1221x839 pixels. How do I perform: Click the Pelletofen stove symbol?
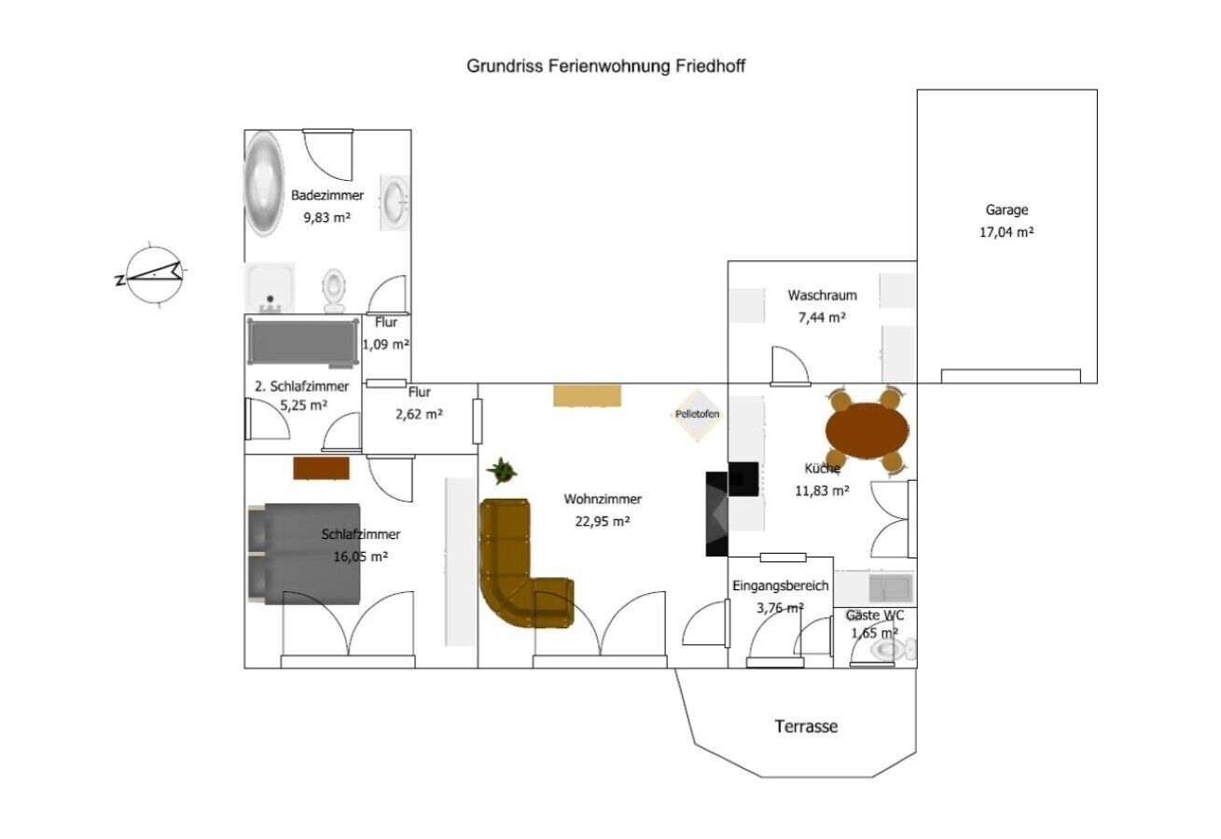click(698, 414)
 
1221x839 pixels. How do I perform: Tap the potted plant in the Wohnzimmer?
click(503, 470)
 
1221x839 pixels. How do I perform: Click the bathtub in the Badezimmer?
click(263, 183)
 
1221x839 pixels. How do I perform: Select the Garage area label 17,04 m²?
click(1006, 232)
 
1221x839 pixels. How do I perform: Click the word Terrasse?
click(806, 726)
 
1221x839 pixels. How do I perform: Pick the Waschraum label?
click(822, 296)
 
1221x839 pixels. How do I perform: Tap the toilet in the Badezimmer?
click(334, 289)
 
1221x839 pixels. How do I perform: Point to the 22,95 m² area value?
click(603, 521)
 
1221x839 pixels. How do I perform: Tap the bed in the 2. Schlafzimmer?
click(304, 341)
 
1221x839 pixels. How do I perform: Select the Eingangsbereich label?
click(780, 586)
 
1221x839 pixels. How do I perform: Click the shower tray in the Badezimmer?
click(271, 287)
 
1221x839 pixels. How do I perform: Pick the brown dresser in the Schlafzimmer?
click(322, 468)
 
